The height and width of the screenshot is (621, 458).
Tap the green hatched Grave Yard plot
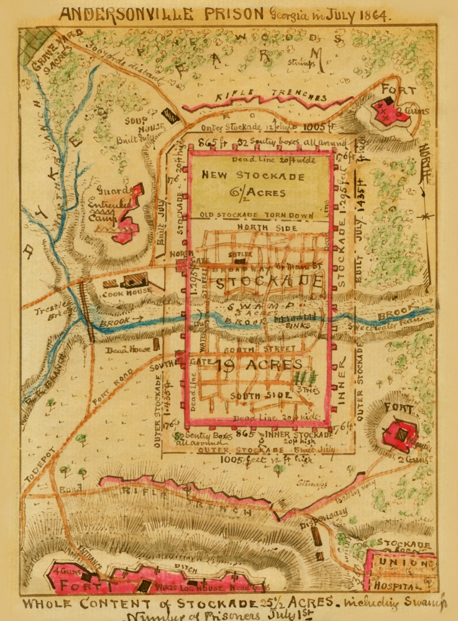tap(35, 45)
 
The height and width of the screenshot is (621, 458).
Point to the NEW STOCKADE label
tap(253, 176)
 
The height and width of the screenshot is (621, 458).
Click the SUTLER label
tap(242, 254)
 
